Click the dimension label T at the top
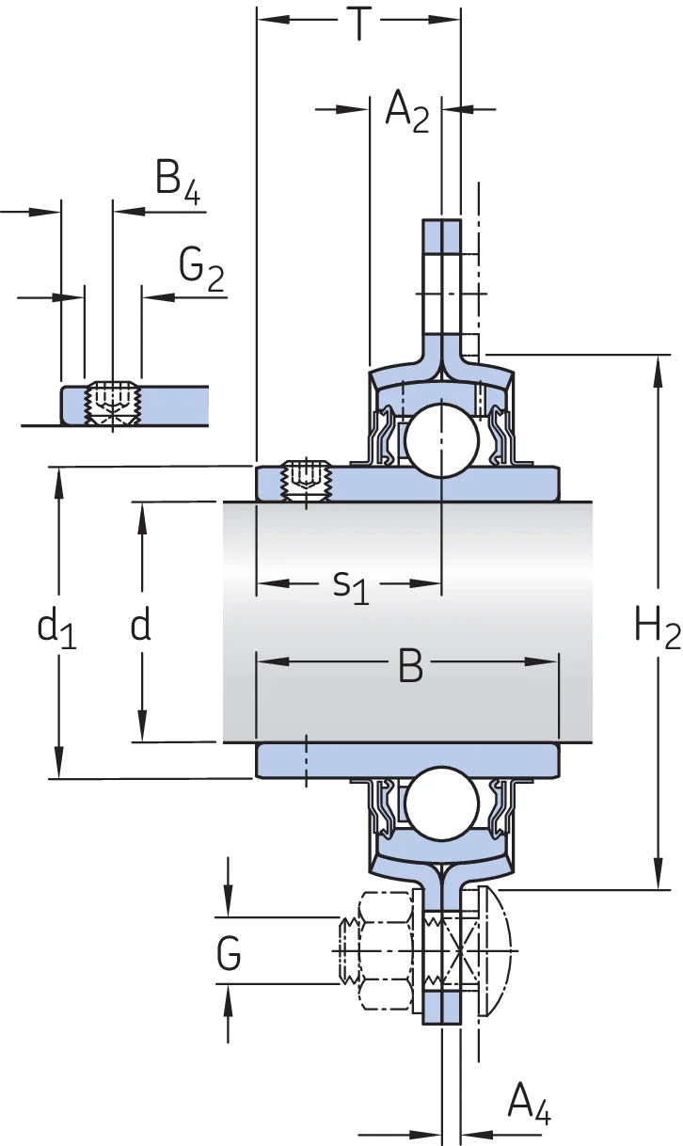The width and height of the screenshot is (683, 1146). click(359, 23)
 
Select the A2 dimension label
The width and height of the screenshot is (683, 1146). click(406, 112)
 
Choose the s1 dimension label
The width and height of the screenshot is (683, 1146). click(351, 587)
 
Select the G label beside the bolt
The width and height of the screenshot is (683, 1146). click(229, 953)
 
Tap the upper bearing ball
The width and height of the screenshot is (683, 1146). click(441, 440)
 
